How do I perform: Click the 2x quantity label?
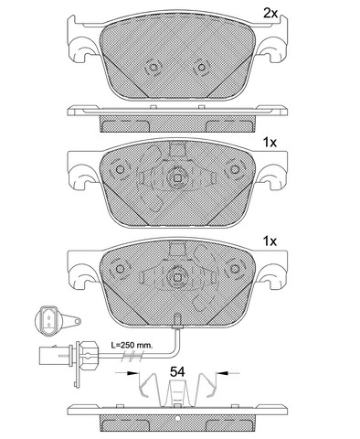tap(270, 13)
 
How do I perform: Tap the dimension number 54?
tap(177, 372)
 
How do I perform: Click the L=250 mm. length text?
tap(132, 346)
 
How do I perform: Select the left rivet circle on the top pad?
tap(154, 68)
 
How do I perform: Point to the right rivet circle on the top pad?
tap(201, 68)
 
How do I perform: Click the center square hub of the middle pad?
tap(177, 178)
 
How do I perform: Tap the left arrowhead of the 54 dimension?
tap(132, 372)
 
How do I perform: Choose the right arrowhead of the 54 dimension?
tap(221, 372)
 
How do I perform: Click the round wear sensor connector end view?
tap(48, 320)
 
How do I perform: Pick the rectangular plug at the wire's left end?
tap(48, 356)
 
